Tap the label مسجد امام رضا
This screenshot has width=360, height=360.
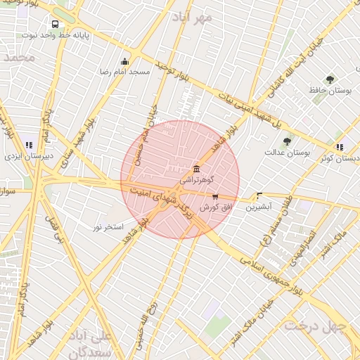click(x=126, y=72)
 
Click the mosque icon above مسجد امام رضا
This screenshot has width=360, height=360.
click(x=125, y=61)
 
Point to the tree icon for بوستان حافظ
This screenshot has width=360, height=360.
click(x=330, y=79)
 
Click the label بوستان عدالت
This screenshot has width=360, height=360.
click(x=288, y=152)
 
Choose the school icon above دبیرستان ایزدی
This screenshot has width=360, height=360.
click(x=28, y=145)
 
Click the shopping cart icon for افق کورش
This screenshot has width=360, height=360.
click(x=215, y=198)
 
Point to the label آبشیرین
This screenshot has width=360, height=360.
click(x=259, y=207)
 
